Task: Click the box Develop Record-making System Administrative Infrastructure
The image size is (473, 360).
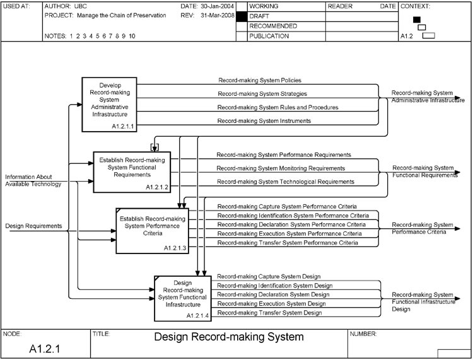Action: click(109, 104)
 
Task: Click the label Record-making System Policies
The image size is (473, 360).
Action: click(259, 81)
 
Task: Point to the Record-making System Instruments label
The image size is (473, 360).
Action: click(264, 120)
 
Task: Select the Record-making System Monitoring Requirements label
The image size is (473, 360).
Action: click(281, 168)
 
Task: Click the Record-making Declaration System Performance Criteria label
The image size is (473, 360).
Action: click(291, 224)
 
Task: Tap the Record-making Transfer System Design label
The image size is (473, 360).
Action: click(269, 313)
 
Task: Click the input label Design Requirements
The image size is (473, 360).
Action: click(33, 226)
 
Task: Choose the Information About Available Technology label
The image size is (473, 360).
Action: click(33, 180)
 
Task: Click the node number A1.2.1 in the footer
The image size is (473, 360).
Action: click(45, 347)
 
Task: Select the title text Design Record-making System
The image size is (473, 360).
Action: click(228, 337)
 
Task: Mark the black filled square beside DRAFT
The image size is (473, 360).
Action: click(241, 16)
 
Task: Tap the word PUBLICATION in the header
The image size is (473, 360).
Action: click(269, 37)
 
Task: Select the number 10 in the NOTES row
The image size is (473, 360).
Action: click(132, 37)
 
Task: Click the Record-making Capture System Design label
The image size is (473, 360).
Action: click(269, 276)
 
